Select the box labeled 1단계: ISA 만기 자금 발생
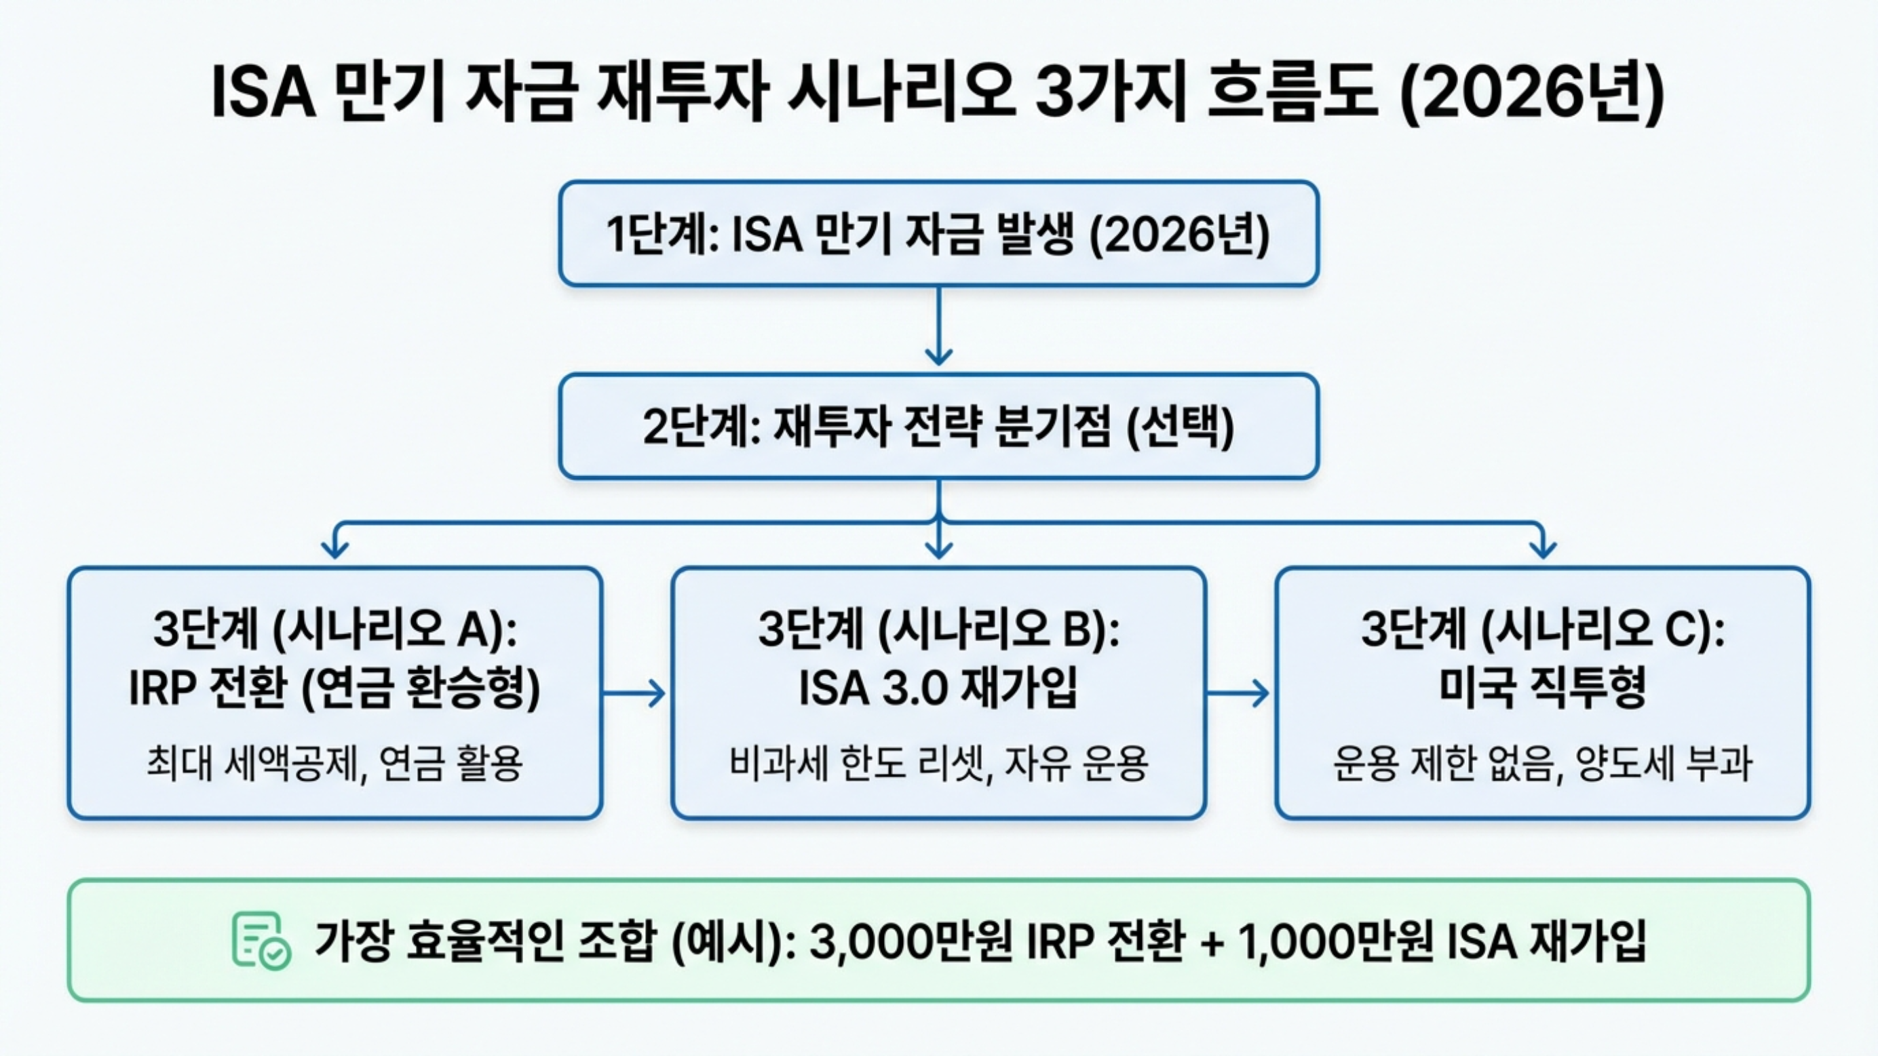pyautogui.click(x=938, y=234)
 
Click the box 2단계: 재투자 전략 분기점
pyautogui.click(x=938, y=427)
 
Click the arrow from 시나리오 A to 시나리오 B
pyautogui.click(x=635, y=692)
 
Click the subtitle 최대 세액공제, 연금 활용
pyautogui.click(x=334, y=764)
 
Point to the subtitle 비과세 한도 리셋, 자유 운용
pyautogui.click(x=938, y=764)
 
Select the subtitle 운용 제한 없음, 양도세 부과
pyautogui.click(x=1542, y=764)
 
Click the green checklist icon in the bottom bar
pyautogui.click(x=261, y=940)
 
